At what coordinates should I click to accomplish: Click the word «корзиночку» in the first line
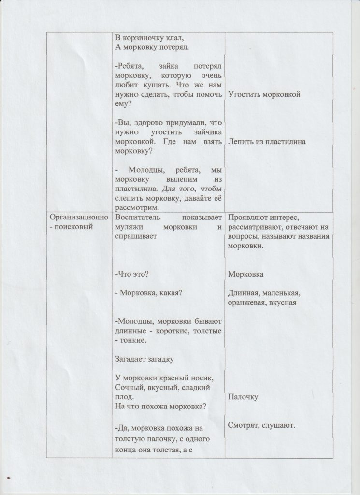coord(146,38)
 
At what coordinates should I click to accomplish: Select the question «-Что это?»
coord(132,274)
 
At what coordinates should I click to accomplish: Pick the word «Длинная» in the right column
coord(242,293)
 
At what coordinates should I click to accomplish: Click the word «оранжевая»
coord(245,303)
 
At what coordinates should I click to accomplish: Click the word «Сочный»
coord(129,387)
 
